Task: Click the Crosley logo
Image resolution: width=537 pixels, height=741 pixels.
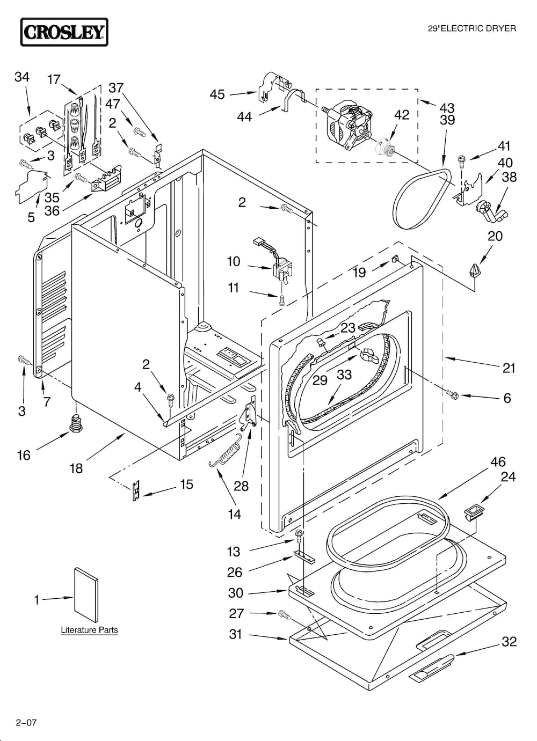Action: (x=64, y=32)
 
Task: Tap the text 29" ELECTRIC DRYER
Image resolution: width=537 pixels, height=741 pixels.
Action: (x=471, y=28)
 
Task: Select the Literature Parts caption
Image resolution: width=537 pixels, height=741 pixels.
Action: (x=89, y=630)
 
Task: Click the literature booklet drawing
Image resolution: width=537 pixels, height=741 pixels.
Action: (x=86, y=595)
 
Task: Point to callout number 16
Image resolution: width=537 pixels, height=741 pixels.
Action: (x=24, y=455)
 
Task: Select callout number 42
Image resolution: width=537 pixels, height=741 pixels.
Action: (x=402, y=115)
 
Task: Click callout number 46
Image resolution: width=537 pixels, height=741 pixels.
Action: (x=498, y=461)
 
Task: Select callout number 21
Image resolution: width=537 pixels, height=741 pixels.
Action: (x=509, y=368)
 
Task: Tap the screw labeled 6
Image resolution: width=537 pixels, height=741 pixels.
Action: (x=452, y=395)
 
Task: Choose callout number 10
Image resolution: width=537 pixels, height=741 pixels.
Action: (x=233, y=261)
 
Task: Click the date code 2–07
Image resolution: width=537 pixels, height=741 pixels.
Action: (x=26, y=722)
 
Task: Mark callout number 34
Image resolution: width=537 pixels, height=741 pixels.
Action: (x=21, y=77)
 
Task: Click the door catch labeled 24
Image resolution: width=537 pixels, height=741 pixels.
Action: (x=473, y=510)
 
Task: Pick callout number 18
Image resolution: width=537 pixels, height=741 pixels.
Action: (x=76, y=468)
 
